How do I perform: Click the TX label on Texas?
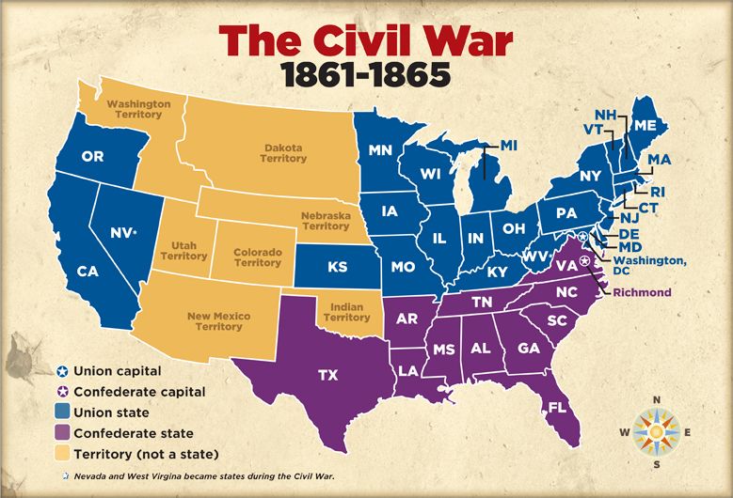(327, 375)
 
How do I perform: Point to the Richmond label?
(642, 292)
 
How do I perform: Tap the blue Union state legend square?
(62, 412)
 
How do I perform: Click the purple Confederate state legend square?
(62, 433)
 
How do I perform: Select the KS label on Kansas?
(338, 267)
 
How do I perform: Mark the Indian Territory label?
(346, 312)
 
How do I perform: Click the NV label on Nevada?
(120, 231)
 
